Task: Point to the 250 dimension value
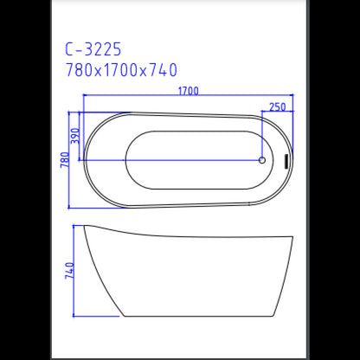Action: click(x=278, y=106)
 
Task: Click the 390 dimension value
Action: click(x=75, y=137)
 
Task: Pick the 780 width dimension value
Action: click(x=64, y=160)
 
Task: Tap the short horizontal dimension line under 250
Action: click(x=278, y=113)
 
